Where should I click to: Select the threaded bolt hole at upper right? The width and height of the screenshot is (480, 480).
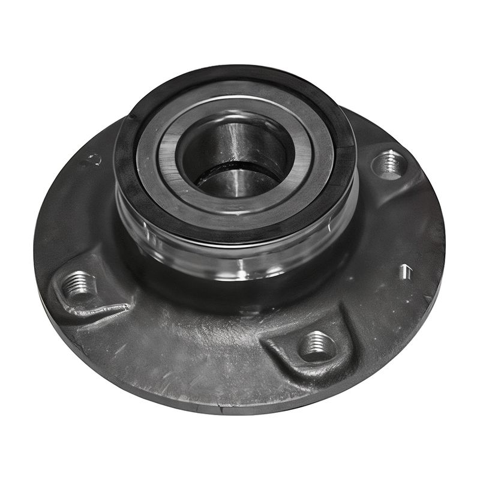pos(389,163)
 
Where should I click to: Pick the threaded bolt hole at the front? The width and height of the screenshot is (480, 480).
pos(316,346)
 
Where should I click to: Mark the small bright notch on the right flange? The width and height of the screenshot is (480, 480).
pos(406,272)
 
